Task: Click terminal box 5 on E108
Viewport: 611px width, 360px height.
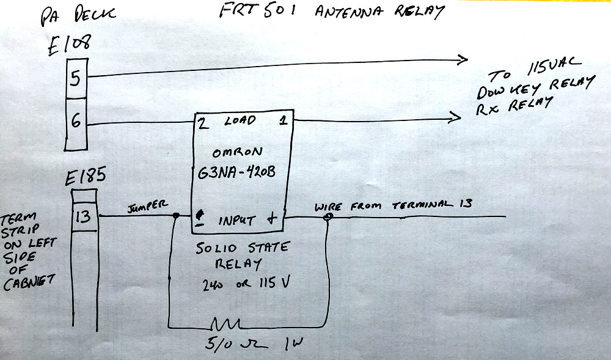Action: [76, 79]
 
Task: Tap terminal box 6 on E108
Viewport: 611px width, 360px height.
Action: [76, 121]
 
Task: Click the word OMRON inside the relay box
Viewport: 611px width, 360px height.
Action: [238, 153]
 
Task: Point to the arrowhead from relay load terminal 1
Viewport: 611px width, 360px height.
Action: [456, 116]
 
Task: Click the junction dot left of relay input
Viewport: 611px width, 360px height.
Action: [176, 216]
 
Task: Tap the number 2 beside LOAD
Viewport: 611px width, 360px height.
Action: [200, 122]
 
